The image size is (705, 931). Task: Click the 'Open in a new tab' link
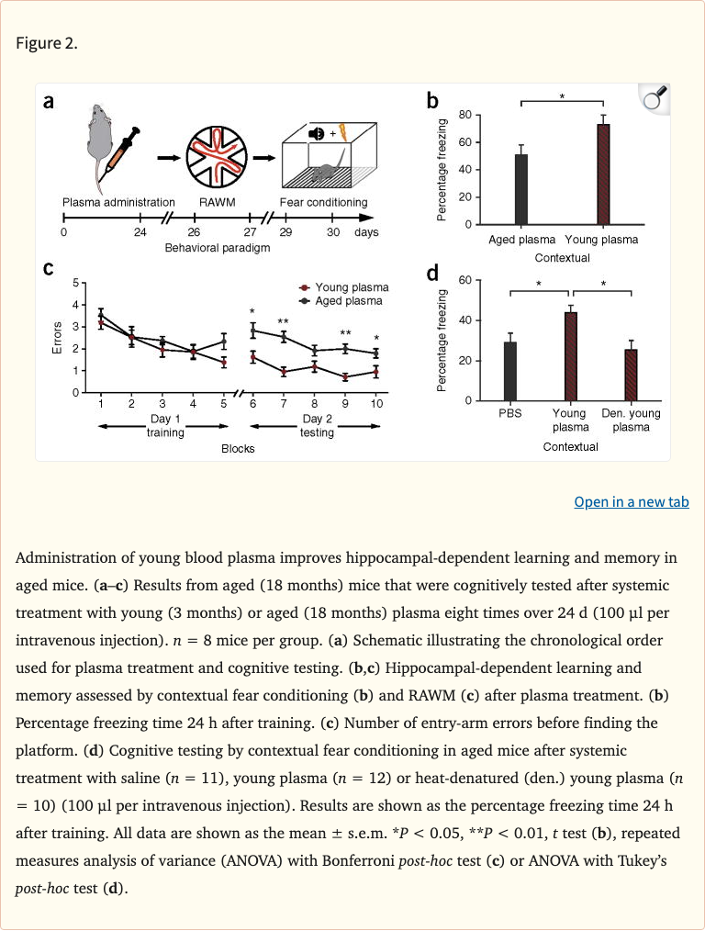click(x=631, y=501)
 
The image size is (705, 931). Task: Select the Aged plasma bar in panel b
click(x=521, y=189)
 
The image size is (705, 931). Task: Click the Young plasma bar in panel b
click(x=603, y=174)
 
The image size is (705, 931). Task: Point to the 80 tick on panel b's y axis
click(x=465, y=115)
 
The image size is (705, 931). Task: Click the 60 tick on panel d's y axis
click(x=465, y=280)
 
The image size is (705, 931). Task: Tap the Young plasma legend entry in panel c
click(x=344, y=287)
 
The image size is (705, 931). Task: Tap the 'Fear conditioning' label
click(x=323, y=202)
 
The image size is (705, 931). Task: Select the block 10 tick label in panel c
click(x=376, y=404)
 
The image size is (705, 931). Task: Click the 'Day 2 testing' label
click(x=317, y=425)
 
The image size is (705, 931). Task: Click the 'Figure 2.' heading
click(x=47, y=44)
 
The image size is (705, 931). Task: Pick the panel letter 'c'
click(x=49, y=268)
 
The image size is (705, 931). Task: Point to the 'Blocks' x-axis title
click(x=238, y=449)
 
